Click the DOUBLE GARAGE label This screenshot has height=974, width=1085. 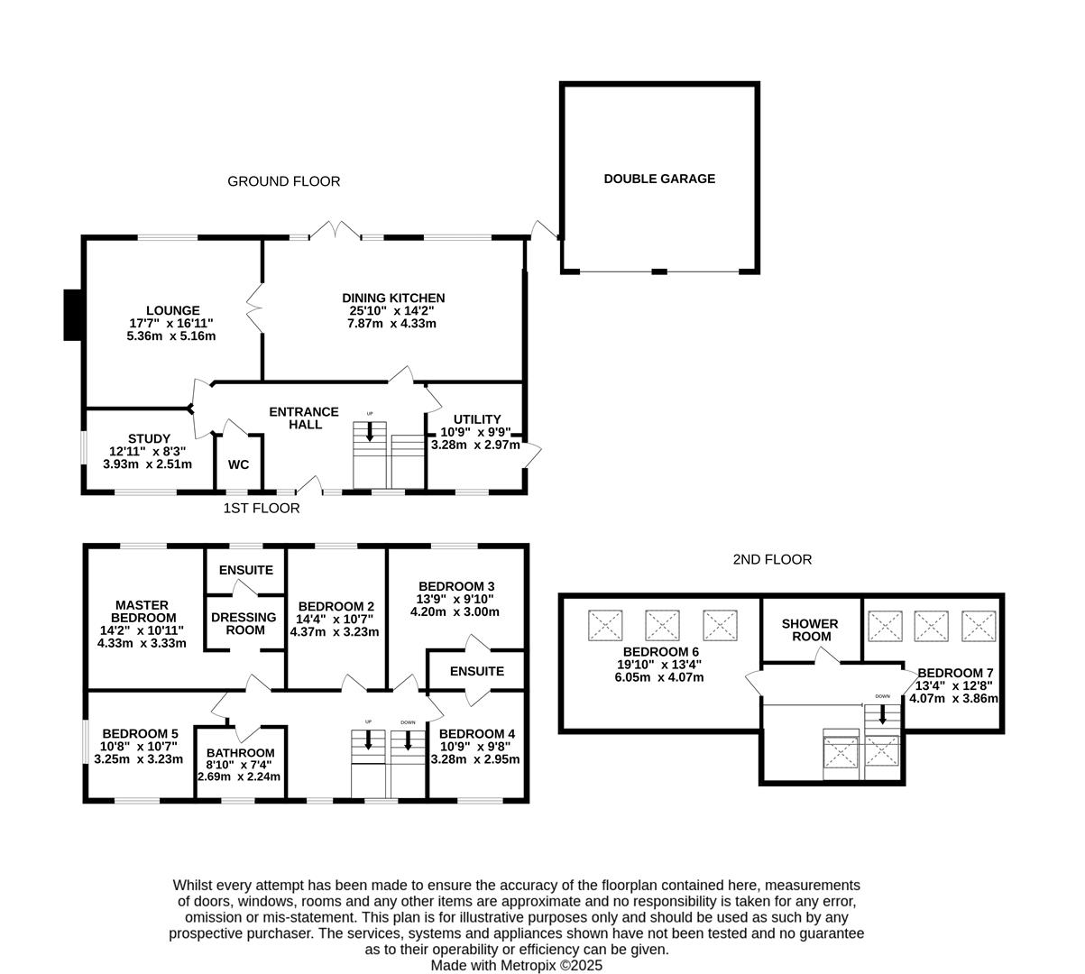tap(659, 179)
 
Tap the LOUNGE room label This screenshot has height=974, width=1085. tap(172, 310)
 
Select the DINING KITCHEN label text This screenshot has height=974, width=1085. tap(392, 298)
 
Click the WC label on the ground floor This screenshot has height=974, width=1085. tap(238, 464)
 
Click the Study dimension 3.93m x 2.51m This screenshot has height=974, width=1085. tap(148, 464)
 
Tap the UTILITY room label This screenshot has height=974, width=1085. tap(476, 419)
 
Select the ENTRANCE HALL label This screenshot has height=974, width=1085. tap(304, 418)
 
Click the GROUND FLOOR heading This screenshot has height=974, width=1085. tap(283, 181)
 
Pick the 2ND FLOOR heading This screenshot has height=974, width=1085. tap(771, 559)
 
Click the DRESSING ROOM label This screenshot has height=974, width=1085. tap(244, 623)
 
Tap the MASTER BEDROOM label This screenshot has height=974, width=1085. tap(141, 611)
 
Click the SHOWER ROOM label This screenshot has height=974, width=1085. tap(809, 629)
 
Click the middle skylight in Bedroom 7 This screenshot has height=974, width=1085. tap(931, 624)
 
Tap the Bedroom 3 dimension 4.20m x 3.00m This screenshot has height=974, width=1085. tap(455, 611)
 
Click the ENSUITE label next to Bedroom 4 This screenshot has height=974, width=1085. tap(476, 671)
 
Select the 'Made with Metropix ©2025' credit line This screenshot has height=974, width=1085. tap(515, 965)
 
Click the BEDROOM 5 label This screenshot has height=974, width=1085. tap(139, 734)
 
